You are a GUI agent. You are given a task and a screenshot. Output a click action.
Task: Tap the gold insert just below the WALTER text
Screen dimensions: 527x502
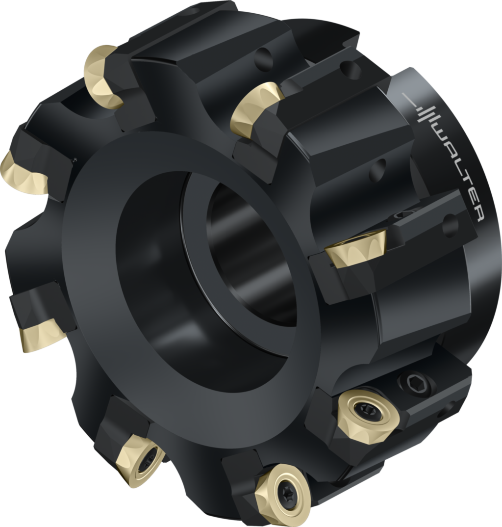[x=355, y=248]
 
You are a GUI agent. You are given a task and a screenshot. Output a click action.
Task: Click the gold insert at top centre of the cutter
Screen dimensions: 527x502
[x=255, y=108]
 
